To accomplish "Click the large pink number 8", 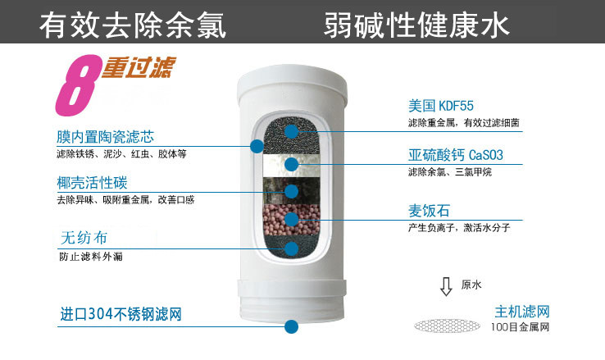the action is pyautogui.click(x=77, y=85).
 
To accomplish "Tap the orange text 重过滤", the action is pyautogui.click(x=139, y=67).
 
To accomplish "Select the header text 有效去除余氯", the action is pyautogui.click(x=132, y=25).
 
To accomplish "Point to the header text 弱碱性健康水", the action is pyautogui.click(x=416, y=25).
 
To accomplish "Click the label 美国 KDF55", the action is pyautogui.click(x=440, y=106).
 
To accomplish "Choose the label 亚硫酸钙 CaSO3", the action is pyautogui.click(x=456, y=155).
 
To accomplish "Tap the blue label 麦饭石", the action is pyautogui.click(x=429, y=211).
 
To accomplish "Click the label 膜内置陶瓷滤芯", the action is pyautogui.click(x=105, y=137).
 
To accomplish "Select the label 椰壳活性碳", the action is pyautogui.click(x=92, y=183).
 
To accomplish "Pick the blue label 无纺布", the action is pyautogui.click(x=84, y=238).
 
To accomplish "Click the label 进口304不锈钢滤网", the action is pyautogui.click(x=121, y=314).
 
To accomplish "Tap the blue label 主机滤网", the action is pyautogui.click(x=522, y=312).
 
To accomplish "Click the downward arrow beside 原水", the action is pyautogui.click(x=446, y=286).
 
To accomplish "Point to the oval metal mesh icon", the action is pyautogui.click(x=447, y=326).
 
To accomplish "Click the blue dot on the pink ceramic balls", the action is pyautogui.click(x=292, y=219).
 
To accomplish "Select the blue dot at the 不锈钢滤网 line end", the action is pyautogui.click(x=292, y=326).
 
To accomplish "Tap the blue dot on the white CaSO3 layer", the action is pyautogui.click(x=292, y=164).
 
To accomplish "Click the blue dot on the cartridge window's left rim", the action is pyautogui.click(x=257, y=146).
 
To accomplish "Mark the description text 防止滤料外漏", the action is pyautogui.click(x=91, y=257).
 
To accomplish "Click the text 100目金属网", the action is pyautogui.click(x=520, y=327).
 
